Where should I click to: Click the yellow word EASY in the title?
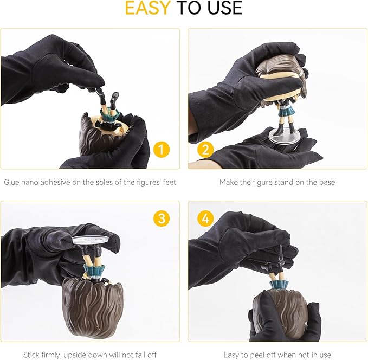[147, 8]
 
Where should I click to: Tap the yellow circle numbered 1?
[162, 150]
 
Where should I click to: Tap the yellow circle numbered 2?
[205, 150]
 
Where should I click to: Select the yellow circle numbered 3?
[162, 218]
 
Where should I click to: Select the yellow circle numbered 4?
[205, 218]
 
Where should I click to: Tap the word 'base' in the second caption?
[327, 183]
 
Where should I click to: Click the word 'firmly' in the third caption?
[51, 355]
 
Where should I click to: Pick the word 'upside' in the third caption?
[75, 355]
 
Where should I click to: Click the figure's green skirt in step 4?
[279, 284]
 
